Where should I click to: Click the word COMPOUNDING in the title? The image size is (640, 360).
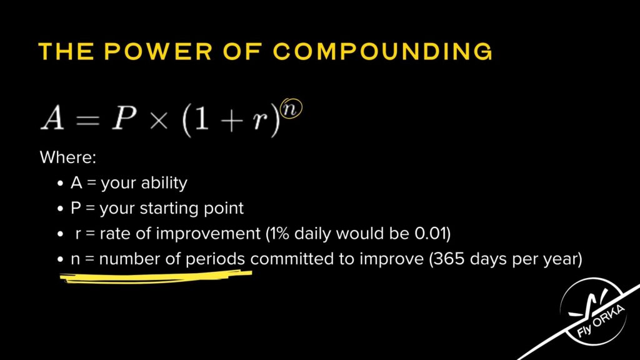click(383, 51)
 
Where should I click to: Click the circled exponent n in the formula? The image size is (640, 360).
click(291, 109)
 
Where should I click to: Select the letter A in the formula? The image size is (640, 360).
click(53, 118)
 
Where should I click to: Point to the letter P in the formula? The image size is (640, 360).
click(124, 118)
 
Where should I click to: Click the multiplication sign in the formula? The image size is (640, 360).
click(159, 121)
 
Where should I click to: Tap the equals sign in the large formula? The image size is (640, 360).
click(87, 120)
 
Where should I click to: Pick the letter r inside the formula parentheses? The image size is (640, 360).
click(259, 121)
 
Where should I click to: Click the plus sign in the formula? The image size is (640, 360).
click(231, 121)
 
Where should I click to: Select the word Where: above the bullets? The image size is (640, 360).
click(67, 157)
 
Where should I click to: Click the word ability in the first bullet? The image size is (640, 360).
click(164, 183)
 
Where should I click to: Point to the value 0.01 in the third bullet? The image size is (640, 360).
click(430, 234)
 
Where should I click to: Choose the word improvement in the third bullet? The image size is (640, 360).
click(208, 234)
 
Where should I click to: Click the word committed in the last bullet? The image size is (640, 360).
click(292, 259)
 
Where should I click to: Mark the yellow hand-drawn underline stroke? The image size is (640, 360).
click(156, 276)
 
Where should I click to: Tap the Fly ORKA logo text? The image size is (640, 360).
click(600, 321)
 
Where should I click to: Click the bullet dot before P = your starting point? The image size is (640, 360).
click(61, 209)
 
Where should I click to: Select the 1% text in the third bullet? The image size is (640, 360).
click(279, 234)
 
